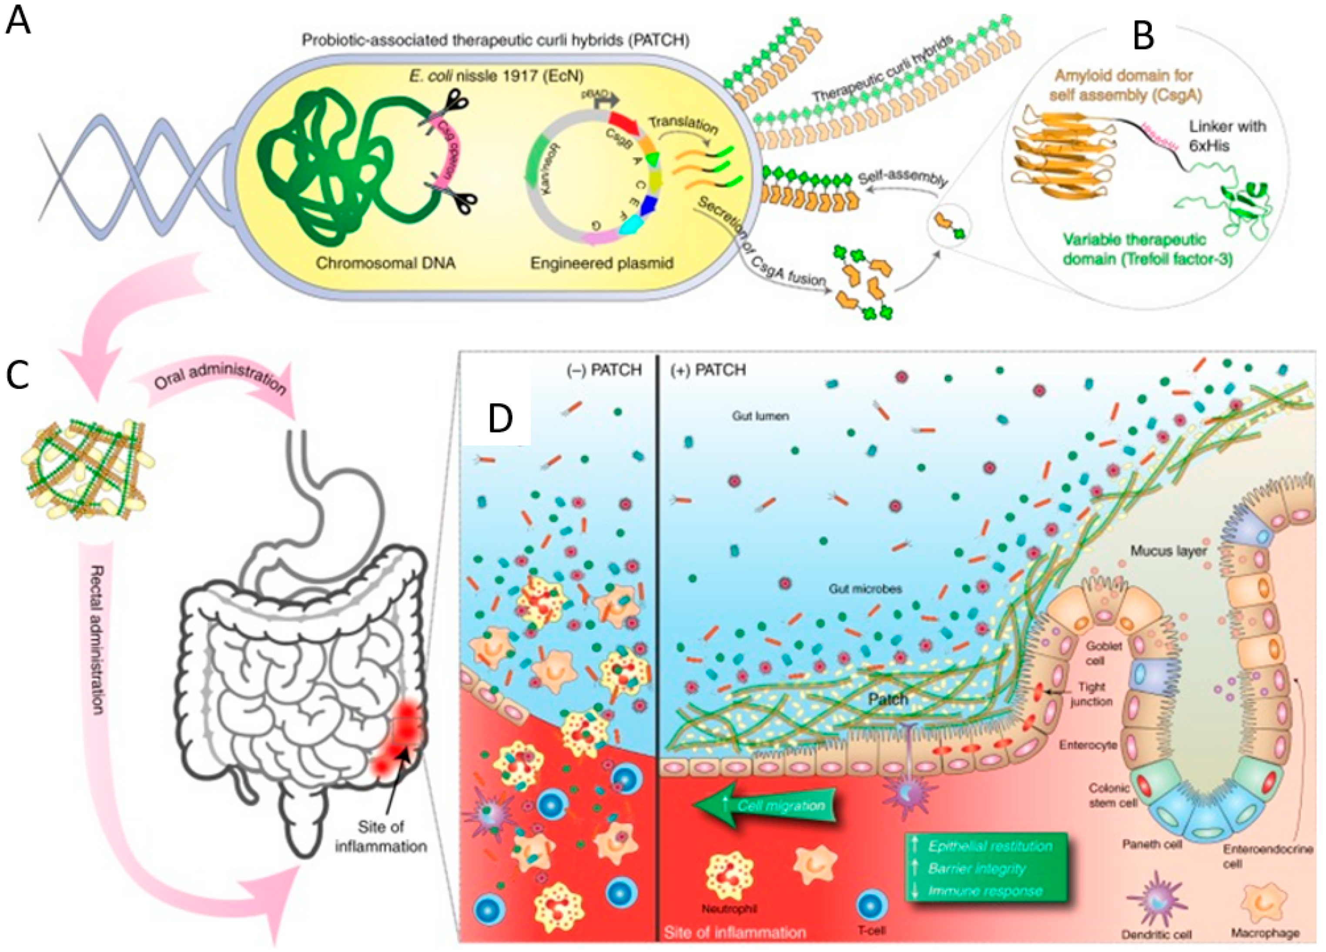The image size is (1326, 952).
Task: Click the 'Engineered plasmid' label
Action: [602, 263]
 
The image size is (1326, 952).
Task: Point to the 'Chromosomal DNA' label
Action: [385, 263]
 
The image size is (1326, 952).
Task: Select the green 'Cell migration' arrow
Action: [766, 806]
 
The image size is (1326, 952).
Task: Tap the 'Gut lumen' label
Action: [760, 417]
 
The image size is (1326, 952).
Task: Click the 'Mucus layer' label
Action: [1168, 551]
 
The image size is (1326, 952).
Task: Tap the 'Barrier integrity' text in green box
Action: [976, 869]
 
